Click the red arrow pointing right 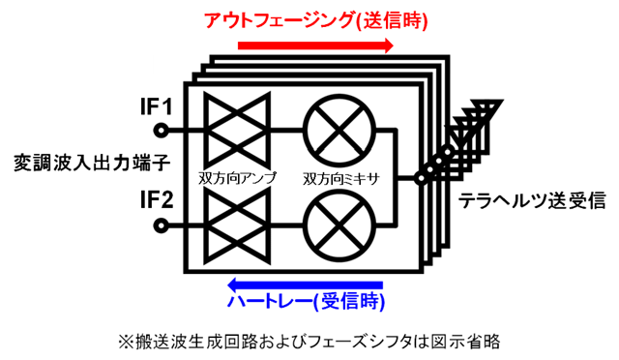315,45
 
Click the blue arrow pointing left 304,284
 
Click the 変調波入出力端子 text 73,157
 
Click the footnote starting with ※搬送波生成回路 309,341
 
